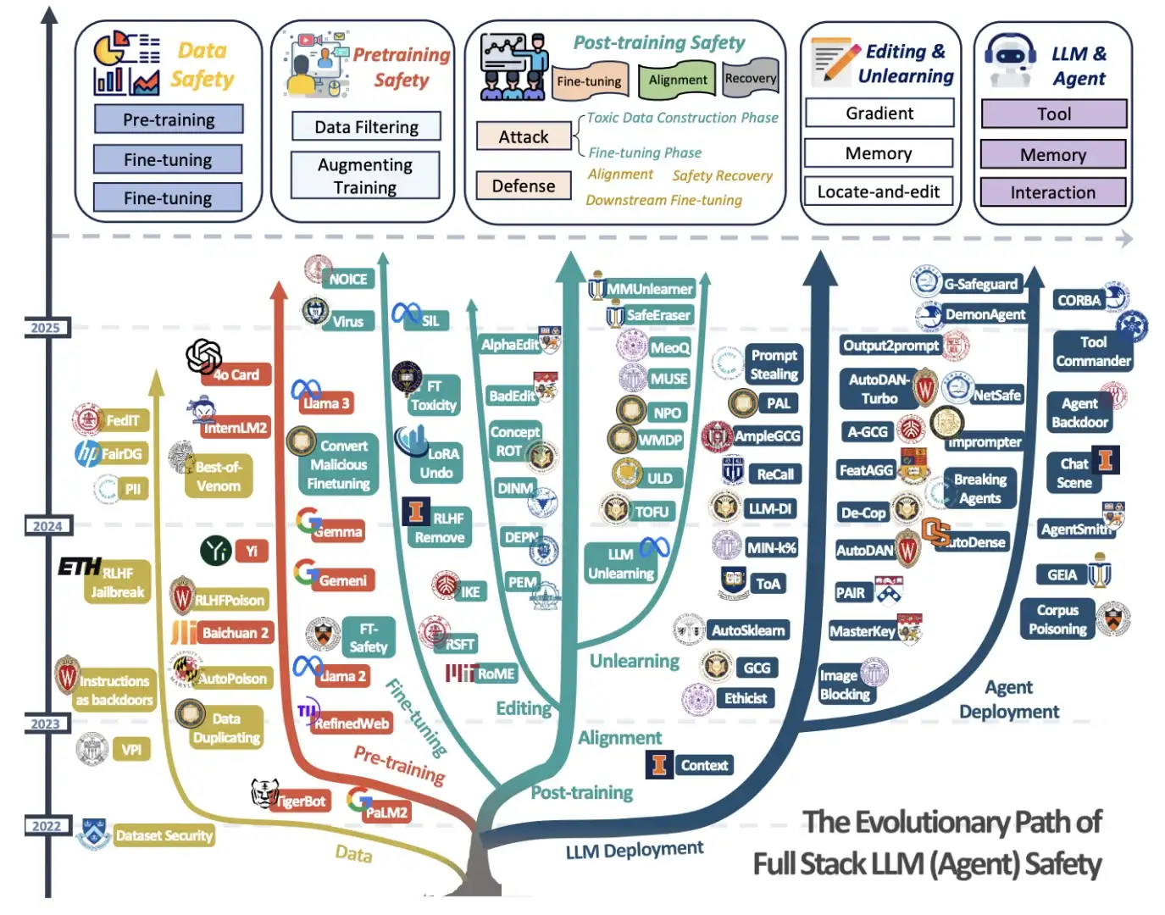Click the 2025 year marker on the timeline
coord(45,328)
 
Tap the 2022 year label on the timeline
coord(47,826)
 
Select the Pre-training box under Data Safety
coord(169,119)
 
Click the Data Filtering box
coord(366,127)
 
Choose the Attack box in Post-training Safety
coord(523,136)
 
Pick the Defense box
coord(523,186)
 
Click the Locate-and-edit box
coord(878,191)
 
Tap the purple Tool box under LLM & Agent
coord(1053,114)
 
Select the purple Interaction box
coord(1052,192)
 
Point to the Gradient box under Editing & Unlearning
coord(879,113)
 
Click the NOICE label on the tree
coord(348,279)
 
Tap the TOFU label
coord(652,512)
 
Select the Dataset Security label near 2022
coord(164,835)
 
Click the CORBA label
coord(1079,300)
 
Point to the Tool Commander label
coord(1093,352)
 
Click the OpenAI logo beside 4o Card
coord(203,357)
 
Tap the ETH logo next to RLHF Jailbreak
coord(80,566)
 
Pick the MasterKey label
coord(862,631)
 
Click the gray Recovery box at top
coord(750,78)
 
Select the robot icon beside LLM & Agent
coord(1009,59)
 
